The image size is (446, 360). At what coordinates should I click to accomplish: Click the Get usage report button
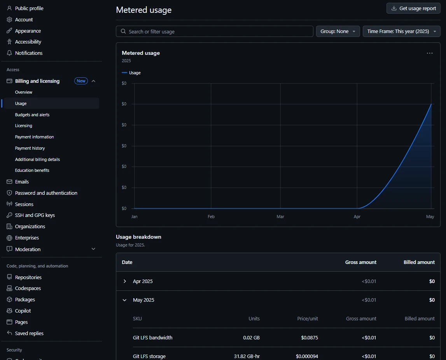413,8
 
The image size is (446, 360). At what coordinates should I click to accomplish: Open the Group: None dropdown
338,31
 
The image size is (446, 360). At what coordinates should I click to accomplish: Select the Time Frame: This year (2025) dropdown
401,31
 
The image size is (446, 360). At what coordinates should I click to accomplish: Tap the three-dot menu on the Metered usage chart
430,53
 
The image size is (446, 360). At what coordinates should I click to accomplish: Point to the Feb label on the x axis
211,217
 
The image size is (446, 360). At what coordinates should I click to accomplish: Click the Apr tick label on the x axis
357,217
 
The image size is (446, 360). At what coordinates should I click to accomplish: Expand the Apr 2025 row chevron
125,281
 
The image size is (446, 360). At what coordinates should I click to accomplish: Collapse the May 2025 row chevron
125,300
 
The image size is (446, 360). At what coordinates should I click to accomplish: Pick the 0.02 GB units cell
251,337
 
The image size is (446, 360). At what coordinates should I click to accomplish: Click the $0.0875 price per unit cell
310,337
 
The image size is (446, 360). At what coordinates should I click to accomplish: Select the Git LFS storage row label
149,356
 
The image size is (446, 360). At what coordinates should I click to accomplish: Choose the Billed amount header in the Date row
419,262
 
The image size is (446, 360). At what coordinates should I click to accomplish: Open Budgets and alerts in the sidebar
32,115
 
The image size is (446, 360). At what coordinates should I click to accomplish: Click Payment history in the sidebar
30,148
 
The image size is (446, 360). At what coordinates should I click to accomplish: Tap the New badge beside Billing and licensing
81,81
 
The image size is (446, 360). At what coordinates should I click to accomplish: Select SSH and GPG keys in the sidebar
35,215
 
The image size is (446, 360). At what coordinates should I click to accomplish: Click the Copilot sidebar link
23,311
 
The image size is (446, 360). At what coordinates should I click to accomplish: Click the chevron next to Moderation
93,249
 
